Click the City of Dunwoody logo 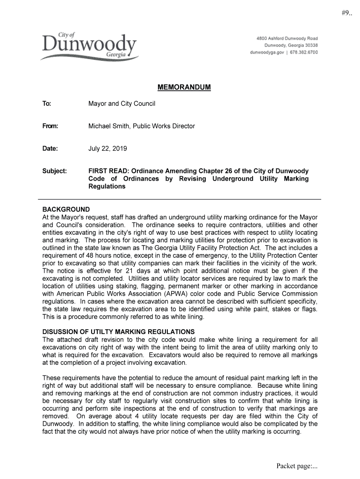[89, 46]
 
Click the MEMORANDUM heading [184, 87]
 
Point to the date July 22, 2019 [108, 149]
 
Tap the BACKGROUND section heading [66, 209]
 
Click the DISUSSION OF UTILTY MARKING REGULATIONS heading [118, 332]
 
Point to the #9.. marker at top [347, 13]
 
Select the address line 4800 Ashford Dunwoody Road [287, 38]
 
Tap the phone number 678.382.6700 [304, 52]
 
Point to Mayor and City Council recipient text [122, 103]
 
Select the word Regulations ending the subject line [107, 186]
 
